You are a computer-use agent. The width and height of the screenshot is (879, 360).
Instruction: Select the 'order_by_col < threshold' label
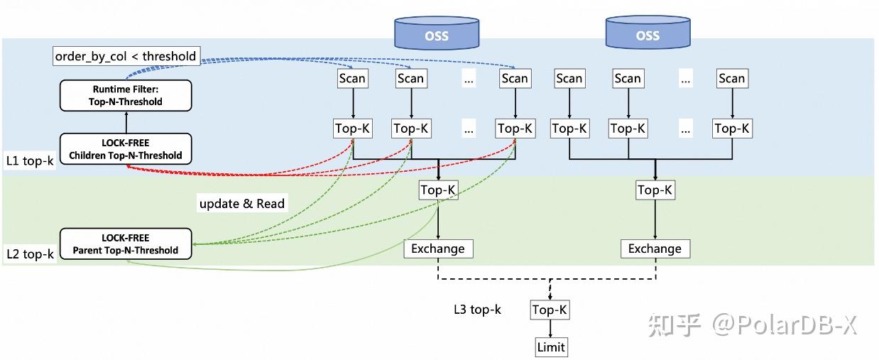point(125,55)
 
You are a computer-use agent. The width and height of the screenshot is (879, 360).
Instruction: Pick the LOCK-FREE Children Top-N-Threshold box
point(126,149)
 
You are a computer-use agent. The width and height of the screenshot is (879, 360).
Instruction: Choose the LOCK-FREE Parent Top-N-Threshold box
point(126,244)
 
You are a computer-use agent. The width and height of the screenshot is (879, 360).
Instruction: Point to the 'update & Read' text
point(241,204)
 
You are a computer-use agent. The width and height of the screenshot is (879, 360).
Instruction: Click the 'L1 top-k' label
point(30,160)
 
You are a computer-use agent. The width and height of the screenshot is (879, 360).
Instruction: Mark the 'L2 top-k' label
point(30,253)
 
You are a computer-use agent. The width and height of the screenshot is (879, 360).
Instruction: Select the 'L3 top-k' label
point(478,310)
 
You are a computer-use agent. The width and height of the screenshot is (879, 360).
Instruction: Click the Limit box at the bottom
point(551,347)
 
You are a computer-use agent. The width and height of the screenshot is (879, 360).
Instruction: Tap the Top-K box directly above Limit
point(550,310)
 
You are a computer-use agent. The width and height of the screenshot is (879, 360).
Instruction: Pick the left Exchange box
point(438,249)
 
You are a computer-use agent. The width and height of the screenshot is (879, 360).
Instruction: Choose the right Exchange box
point(655,249)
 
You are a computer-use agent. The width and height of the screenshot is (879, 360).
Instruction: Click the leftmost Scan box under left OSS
point(353,78)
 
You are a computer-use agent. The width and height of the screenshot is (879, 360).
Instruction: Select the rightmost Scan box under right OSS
point(731,78)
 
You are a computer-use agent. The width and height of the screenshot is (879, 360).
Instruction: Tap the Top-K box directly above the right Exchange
point(655,190)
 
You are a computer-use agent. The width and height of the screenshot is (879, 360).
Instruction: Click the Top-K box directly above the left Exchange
point(438,190)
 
